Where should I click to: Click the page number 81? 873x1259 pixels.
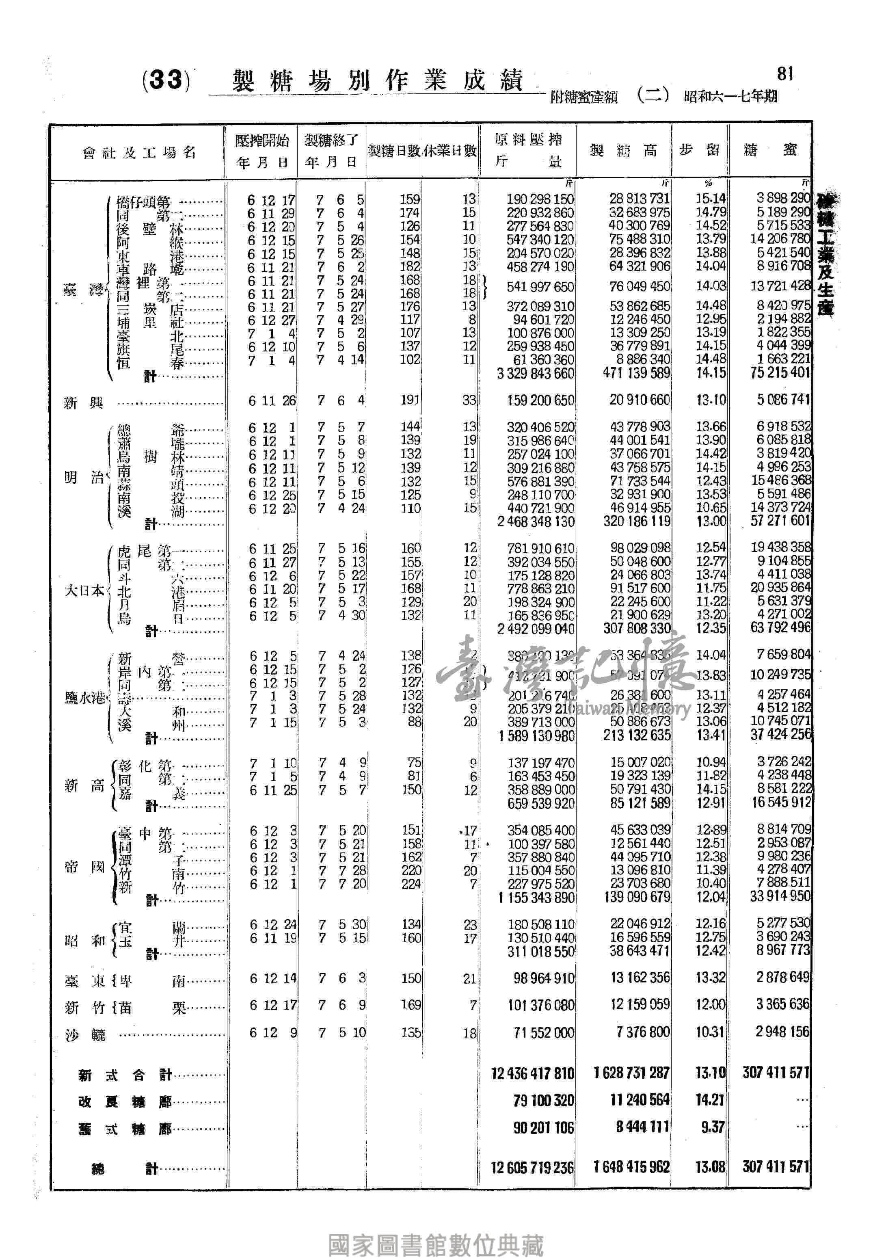[785, 74]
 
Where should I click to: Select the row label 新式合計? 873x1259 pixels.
[125, 1075]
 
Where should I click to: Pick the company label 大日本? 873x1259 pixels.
[84, 591]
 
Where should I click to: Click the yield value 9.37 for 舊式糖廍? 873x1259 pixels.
[712, 1127]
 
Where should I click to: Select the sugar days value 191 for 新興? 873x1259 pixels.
[410, 400]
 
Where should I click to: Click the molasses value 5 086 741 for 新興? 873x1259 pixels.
[783, 400]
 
